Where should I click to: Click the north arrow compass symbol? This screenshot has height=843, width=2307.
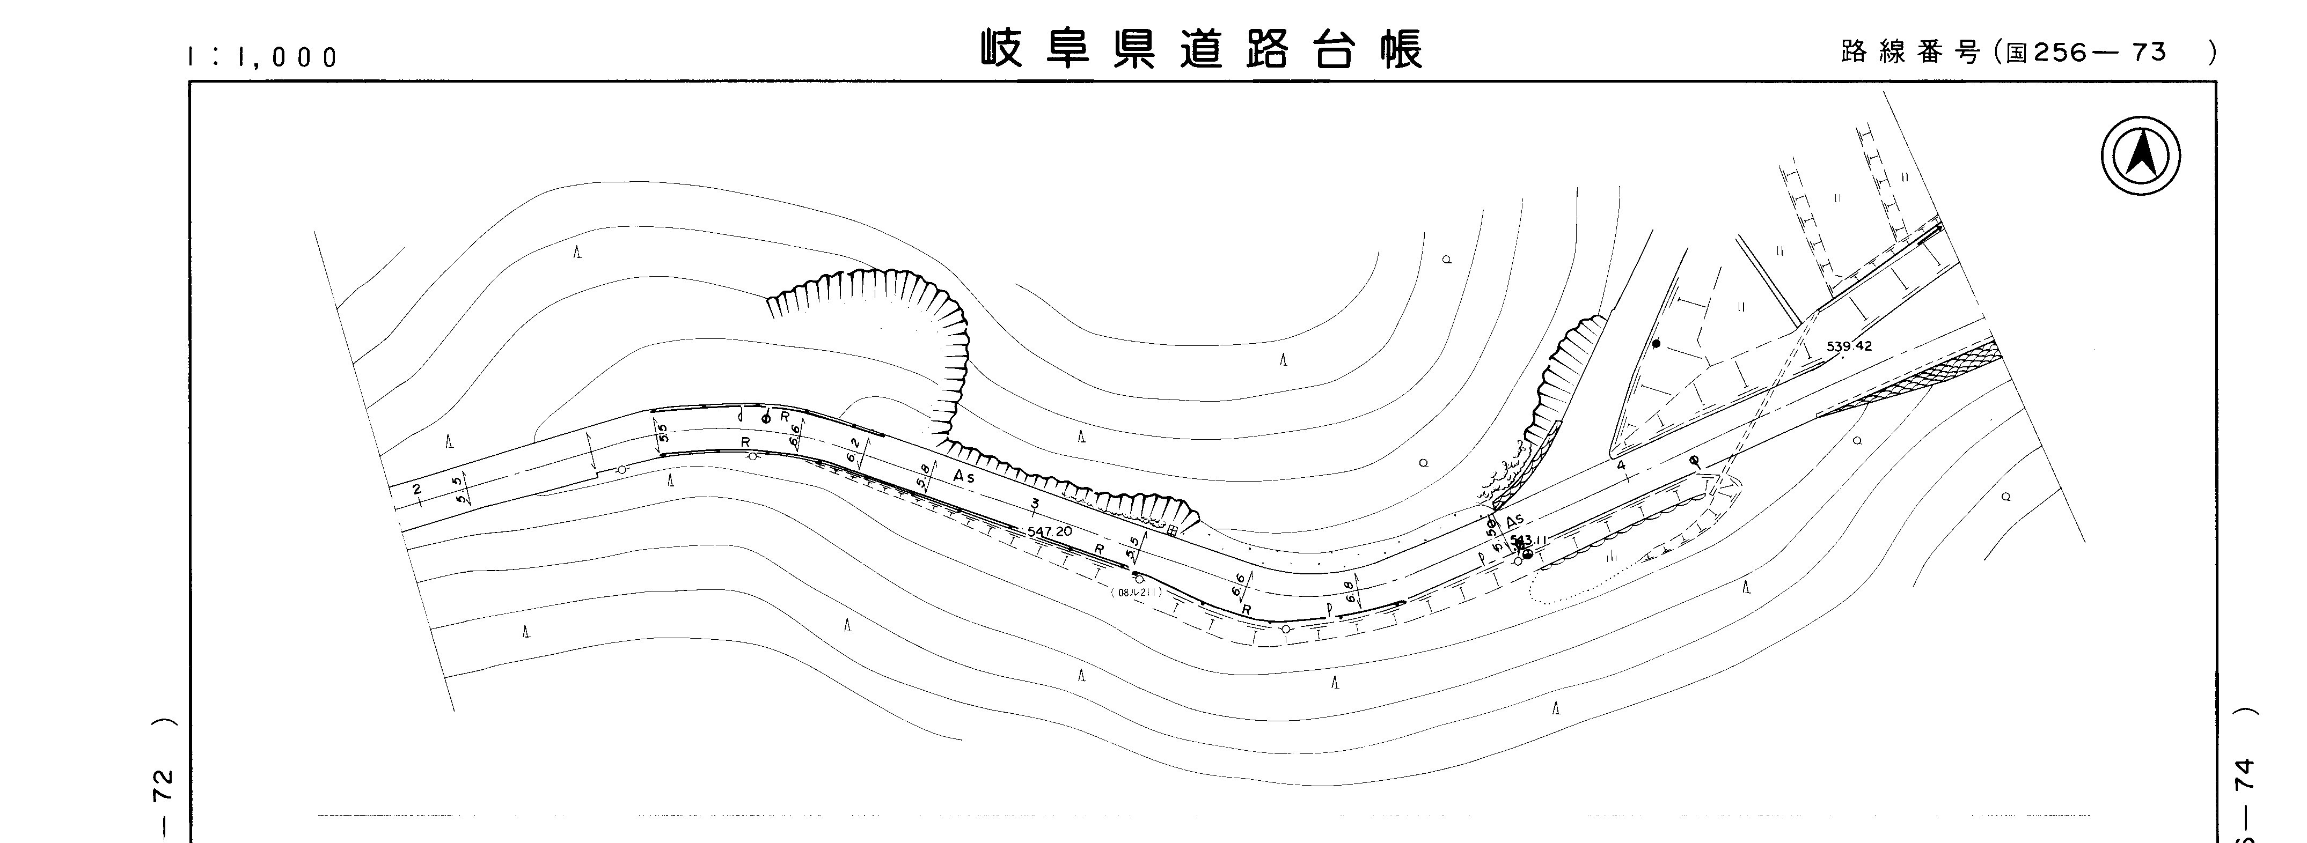(x=2141, y=157)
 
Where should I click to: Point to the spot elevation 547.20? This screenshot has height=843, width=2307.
(x=1050, y=531)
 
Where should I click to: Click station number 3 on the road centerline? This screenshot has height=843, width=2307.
(x=1035, y=505)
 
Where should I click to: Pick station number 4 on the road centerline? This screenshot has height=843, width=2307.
(x=1621, y=466)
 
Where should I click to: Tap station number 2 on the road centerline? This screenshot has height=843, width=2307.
(x=416, y=490)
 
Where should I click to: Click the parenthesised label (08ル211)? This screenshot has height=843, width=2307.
(x=1136, y=593)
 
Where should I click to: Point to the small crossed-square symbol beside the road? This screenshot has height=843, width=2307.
(x=1171, y=530)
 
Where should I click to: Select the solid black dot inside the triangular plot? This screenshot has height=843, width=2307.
(x=1656, y=344)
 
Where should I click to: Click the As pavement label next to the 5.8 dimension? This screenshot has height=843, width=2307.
(x=964, y=478)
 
